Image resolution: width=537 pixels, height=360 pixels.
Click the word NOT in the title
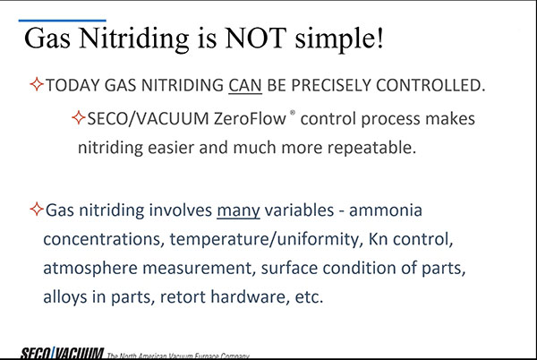pyautogui.click(x=255, y=38)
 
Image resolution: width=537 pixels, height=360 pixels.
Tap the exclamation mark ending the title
pyautogui.click(x=379, y=37)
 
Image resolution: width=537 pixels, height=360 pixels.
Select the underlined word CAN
pyautogui.click(x=245, y=85)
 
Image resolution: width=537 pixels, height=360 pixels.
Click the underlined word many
pyautogui.click(x=238, y=210)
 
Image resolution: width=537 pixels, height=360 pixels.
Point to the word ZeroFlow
pyautogui.click(x=250, y=119)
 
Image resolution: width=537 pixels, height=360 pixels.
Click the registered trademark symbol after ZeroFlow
pyautogui.click(x=293, y=112)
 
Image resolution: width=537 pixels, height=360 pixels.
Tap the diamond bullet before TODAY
pyautogui.click(x=37, y=84)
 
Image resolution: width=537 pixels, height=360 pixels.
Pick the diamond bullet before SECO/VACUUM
pyautogui.click(x=79, y=117)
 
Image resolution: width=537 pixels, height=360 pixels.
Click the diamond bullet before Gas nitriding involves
pyautogui.click(x=37, y=209)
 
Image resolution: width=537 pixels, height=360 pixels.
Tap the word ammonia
pyautogui.click(x=386, y=210)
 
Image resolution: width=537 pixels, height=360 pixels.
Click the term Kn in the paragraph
pyautogui.click(x=378, y=239)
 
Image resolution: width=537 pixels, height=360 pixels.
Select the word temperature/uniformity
pyautogui.click(x=264, y=239)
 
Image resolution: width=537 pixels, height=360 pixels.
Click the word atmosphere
pyautogui.click(x=90, y=268)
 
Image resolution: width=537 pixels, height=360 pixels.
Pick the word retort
pyautogui.click(x=183, y=297)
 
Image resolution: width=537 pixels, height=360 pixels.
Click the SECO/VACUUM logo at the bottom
pyautogui.click(x=62, y=353)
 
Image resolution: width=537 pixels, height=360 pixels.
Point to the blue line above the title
pyautogui.click(x=62, y=21)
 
